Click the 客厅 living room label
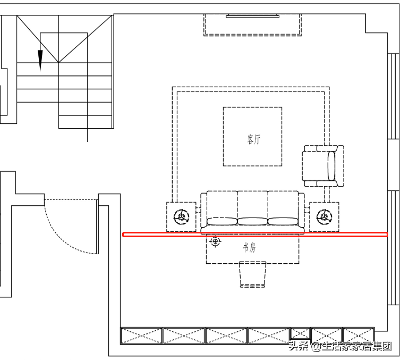[254, 139]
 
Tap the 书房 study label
[249, 248]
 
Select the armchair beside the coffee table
[323, 166]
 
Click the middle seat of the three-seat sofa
[252, 208]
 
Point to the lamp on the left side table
[181, 217]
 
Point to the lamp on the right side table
[324, 217]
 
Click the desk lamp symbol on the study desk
[215, 241]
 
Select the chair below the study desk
[253, 274]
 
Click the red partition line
[255, 235]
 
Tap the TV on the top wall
[252, 16]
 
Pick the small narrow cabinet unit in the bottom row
[301, 333]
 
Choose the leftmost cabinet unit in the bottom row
[141, 336]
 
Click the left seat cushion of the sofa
[222, 221]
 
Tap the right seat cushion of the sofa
[283, 221]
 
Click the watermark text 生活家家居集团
[357, 346]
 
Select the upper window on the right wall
[394, 96]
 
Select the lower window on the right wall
[394, 248]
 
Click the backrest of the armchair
[331, 166]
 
